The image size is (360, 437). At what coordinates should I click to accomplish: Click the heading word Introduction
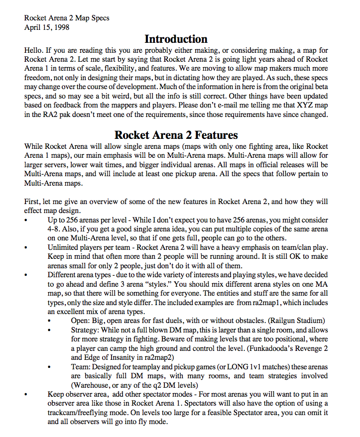tap(176, 39)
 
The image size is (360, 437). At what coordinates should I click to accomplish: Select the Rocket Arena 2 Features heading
tap(176, 135)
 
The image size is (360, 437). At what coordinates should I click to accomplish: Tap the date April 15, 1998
tap(47, 27)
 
